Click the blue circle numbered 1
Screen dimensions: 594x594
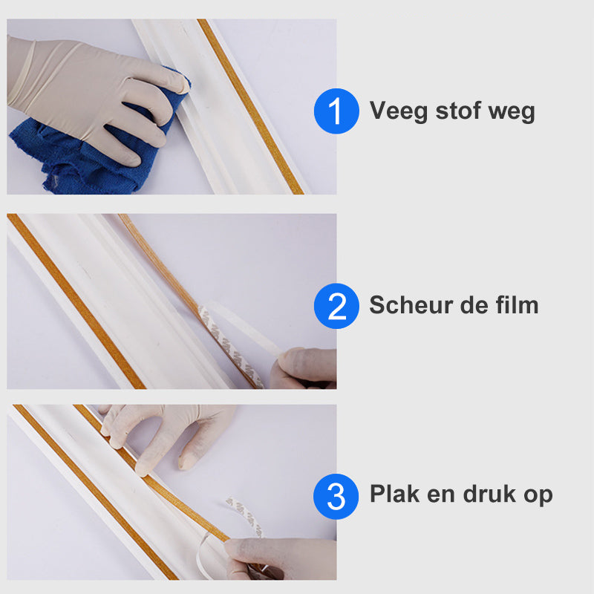336,112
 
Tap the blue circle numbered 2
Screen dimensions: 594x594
336,305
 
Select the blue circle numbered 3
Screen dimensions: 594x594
336,495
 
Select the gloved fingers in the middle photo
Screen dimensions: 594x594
304,368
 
